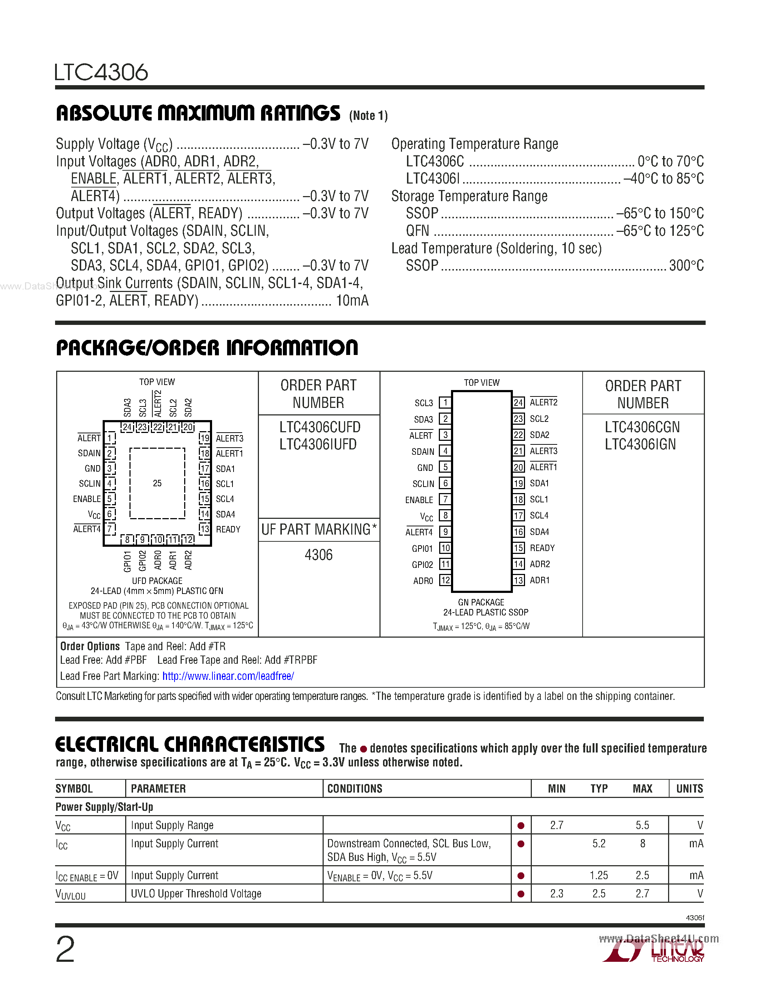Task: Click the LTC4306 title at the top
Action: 101,72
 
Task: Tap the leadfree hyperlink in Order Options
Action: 228,676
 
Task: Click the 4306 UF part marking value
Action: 319,555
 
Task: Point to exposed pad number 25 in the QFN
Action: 157,483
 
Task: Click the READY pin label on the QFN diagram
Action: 228,530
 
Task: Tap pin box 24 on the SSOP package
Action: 519,402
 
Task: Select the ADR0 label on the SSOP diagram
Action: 423,581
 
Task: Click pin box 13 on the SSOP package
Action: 519,580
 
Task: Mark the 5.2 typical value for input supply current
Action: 599,843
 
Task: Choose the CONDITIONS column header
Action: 355,789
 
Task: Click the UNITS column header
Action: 689,789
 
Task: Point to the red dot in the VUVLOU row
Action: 521,894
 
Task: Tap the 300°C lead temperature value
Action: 686,266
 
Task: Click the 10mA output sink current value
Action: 352,301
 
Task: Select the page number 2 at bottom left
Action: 65,950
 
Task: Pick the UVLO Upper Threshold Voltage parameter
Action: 196,893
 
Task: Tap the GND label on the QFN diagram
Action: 93,469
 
